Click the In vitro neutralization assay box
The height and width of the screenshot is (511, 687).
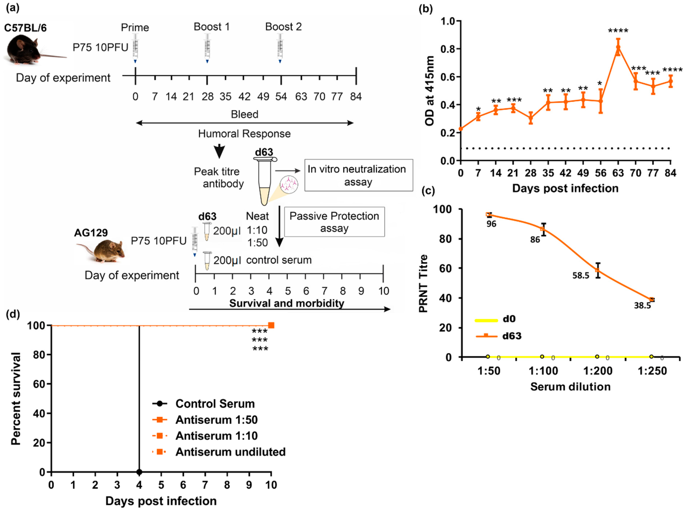tap(358, 175)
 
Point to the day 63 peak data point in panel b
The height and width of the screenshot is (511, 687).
tap(618, 47)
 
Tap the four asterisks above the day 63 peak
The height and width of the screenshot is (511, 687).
tap(618, 31)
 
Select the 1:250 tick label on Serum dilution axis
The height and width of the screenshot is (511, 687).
tap(652, 371)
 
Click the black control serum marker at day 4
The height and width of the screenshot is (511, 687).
tap(139, 472)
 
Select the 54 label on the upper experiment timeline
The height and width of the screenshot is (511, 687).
tap(281, 97)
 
